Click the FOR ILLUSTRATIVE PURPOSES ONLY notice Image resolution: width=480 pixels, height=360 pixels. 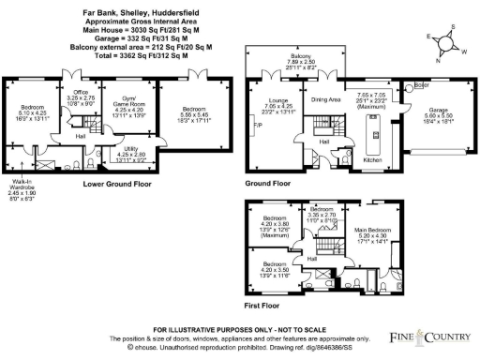pos(240,329)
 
